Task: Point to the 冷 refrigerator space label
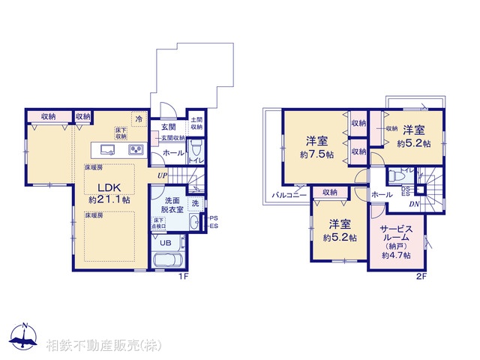tap(139, 118)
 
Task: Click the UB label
tap(166, 243)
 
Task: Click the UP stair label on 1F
tap(162, 175)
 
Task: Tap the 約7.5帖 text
tap(315, 154)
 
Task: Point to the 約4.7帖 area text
tap(396, 255)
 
